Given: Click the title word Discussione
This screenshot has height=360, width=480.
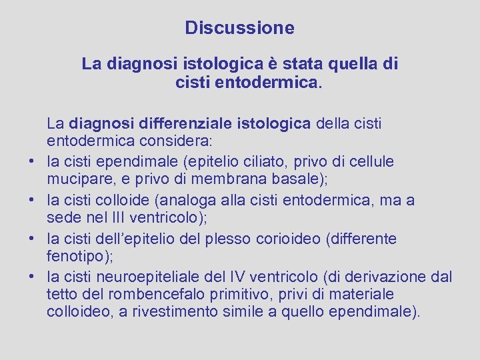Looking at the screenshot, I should [x=239, y=28].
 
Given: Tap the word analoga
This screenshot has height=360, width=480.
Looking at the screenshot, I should [x=203, y=200].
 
